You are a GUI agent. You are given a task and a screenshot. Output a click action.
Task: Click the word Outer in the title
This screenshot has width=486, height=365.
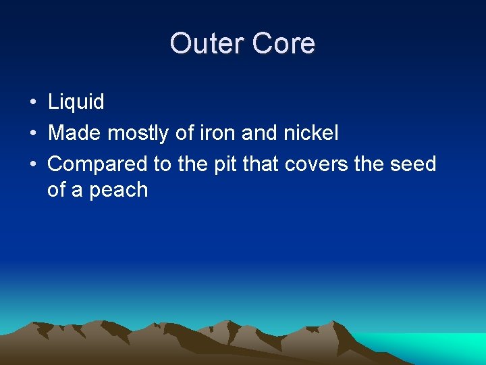tap(207, 43)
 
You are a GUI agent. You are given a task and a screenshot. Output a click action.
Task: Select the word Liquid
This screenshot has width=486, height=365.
tap(76, 102)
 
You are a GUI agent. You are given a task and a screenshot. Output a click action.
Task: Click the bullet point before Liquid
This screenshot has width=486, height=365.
tap(32, 103)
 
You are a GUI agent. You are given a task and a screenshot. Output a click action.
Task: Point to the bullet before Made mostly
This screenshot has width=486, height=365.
tap(32, 134)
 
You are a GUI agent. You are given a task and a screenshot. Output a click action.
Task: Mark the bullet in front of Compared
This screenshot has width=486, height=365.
tap(32, 164)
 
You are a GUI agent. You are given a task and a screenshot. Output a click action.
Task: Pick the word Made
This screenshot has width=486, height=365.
tap(75, 133)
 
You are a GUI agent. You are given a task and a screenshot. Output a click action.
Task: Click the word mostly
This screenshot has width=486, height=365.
tap(139, 134)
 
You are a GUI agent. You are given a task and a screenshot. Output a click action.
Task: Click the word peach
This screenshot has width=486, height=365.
tap(119, 190)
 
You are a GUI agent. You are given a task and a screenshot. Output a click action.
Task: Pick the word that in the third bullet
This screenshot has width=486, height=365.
tap(264, 164)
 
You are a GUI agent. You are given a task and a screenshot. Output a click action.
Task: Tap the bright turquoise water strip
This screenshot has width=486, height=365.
tap(432, 344)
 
